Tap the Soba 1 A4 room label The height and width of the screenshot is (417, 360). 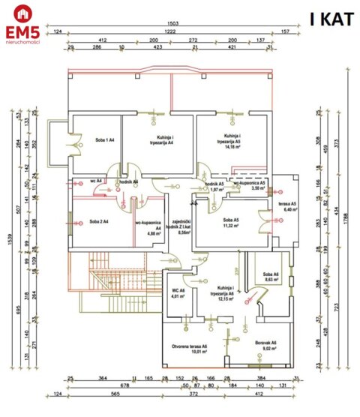(x=94, y=140)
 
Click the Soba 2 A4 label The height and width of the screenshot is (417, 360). (x=99, y=221)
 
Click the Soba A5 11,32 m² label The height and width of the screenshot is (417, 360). (x=230, y=223)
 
